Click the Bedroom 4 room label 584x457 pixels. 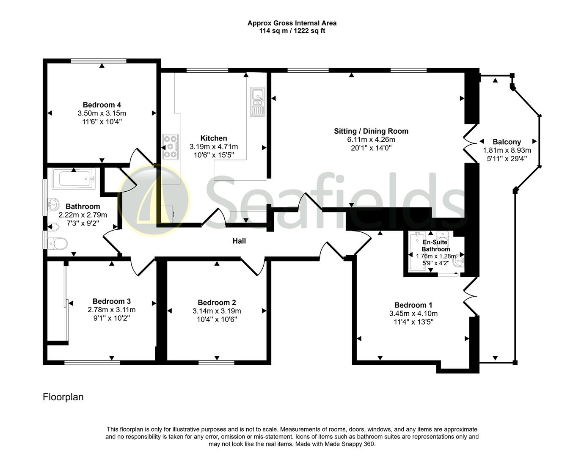point(102,105)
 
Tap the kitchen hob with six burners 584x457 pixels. point(171,147)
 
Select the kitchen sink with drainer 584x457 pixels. point(257,102)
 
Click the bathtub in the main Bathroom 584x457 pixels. point(74,179)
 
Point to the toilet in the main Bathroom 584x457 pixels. point(58,244)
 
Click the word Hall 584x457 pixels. point(239,241)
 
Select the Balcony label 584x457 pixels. point(507,142)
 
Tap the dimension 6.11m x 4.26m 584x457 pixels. point(371,140)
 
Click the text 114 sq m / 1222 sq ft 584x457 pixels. point(292,31)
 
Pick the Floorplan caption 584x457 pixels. point(63,397)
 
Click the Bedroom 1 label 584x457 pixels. point(413,305)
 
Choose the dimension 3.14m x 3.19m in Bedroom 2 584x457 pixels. point(217,311)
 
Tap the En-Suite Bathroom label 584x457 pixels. point(435,245)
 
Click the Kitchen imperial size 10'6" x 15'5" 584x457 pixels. point(214,155)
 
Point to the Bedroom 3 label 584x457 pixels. point(112,301)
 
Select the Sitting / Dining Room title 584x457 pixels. point(371,131)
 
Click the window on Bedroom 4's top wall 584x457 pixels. point(99,61)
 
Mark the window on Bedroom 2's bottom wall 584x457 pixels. point(216,363)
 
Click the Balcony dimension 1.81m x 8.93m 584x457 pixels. point(507,150)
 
